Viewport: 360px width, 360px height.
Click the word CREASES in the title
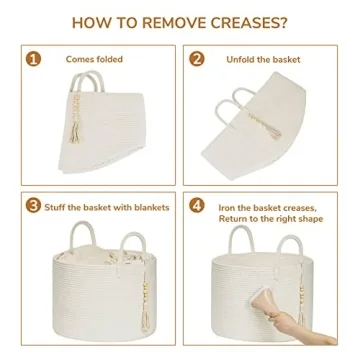[246, 23]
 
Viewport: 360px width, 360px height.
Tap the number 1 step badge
[33, 59]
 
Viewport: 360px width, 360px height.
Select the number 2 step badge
[197, 59]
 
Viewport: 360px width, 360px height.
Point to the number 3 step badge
[33, 205]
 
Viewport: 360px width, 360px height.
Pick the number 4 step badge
[197, 205]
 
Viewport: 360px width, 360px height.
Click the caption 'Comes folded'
[94, 59]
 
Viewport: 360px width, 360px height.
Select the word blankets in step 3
[152, 207]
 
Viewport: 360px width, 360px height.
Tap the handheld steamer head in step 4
[261, 300]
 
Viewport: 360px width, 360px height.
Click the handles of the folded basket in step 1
[87, 81]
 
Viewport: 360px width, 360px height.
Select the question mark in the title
[283, 23]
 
